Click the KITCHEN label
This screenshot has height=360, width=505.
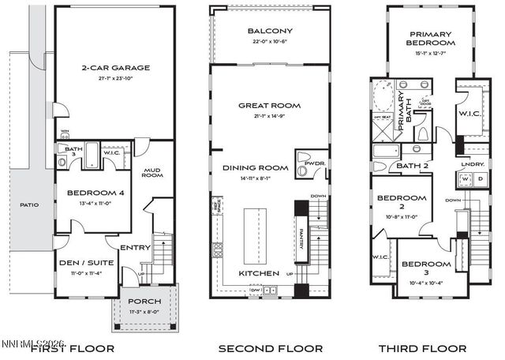point(259,273)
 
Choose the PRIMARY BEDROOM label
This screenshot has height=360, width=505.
point(430,39)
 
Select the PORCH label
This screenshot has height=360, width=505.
point(144,302)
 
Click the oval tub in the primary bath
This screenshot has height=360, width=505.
point(381,95)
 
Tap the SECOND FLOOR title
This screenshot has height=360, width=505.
point(271,348)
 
